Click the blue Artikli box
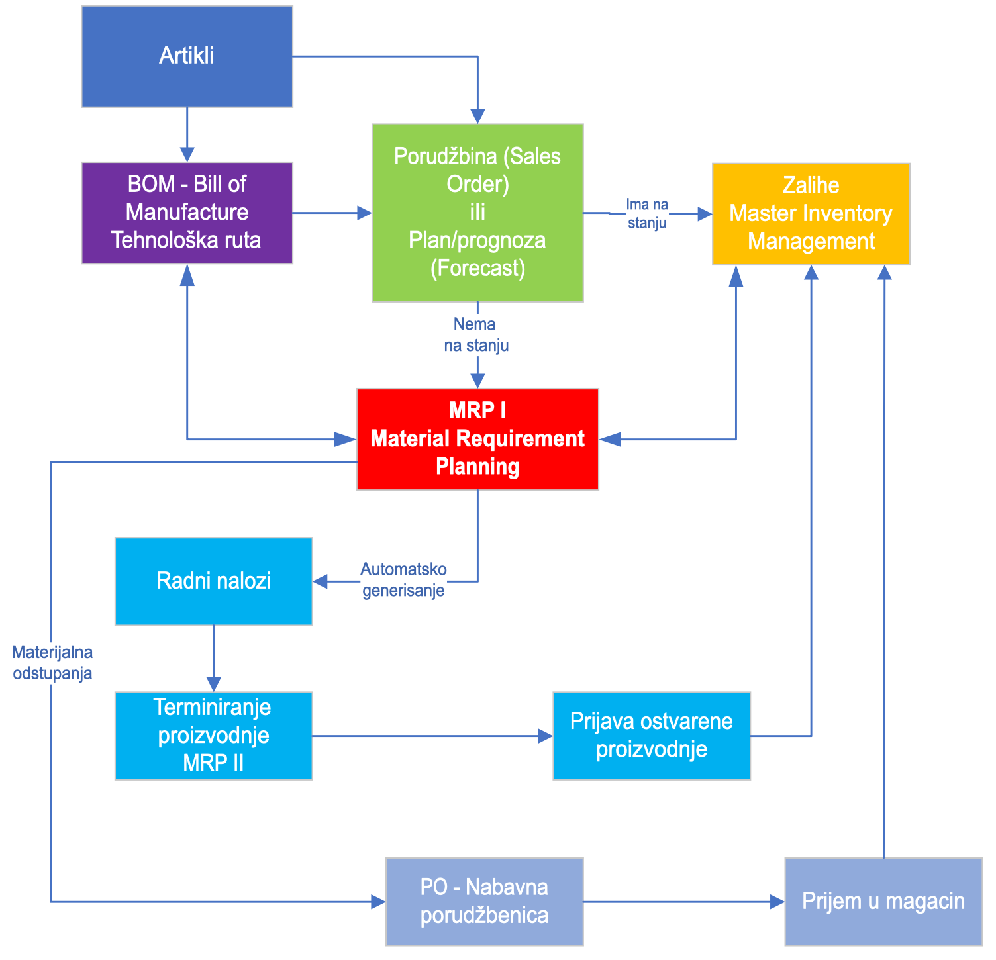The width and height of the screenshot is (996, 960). tap(187, 56)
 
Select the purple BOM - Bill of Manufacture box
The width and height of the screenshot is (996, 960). tap(187, 213)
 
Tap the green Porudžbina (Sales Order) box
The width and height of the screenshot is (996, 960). tap(477, 213)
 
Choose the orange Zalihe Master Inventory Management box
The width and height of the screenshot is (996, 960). tap(811, 213)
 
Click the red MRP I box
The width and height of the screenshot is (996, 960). tap(477, 439)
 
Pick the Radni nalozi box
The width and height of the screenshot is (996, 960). tap(213, 581)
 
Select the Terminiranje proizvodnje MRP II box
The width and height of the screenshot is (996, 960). tap(213, 736)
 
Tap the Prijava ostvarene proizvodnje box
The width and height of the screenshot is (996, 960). tap(651, 736)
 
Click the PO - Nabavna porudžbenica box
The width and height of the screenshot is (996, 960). tap(484, 901)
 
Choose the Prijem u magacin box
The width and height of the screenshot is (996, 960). tap(883, 901)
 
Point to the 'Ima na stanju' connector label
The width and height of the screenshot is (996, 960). tap(647, 213)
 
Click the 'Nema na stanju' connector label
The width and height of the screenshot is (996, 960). tap(475, 334)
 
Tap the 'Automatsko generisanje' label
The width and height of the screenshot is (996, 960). tap(403, 580)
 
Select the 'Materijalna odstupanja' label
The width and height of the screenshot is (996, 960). tap(52, 663)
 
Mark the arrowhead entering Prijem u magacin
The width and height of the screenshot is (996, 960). tap(777, 902)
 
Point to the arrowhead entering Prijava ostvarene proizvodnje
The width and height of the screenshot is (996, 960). tap(546, 736)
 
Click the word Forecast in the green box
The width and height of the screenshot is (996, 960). tap(477, 268)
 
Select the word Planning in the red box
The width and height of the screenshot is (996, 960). tap(477, 467)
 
